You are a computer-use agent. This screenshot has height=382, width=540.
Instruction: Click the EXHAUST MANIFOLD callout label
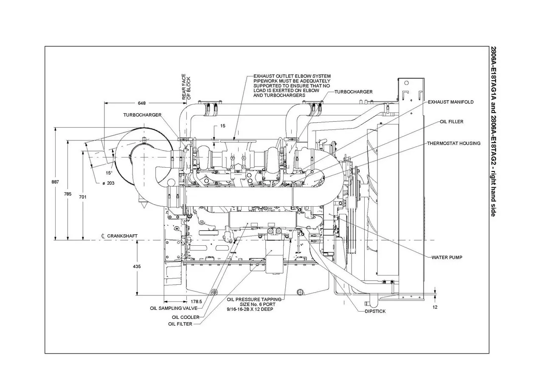click(450, 102)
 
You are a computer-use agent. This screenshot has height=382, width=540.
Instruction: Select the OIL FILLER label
click(451, 122)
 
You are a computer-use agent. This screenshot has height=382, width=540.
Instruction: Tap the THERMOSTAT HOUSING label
click(453, 143)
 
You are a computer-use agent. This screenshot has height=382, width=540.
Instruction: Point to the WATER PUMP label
click(447, 257)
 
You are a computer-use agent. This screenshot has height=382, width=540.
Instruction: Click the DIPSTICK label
click(375, 311)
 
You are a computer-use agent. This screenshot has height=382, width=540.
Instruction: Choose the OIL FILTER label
click(180, 324)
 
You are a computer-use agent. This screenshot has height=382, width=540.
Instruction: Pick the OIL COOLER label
click(186, 317)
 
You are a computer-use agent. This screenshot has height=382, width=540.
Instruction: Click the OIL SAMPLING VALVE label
click(173, 308)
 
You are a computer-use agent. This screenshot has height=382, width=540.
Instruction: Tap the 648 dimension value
click(142, 103)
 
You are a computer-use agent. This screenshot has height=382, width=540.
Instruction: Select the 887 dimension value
click(55, 182)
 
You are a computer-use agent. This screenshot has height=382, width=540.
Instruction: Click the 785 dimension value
click(67, 194)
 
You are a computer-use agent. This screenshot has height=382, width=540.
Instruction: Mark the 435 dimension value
click(137, 267)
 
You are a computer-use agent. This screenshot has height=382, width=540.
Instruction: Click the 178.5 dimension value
click(196, 301)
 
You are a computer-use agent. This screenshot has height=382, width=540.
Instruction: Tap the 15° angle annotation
click(109, 173)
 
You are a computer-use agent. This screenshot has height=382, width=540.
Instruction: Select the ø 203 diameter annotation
click(109, 183)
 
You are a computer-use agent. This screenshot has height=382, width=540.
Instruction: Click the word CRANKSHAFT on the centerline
click(122, 236)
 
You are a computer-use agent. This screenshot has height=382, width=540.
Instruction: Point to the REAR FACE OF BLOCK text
click(186, 87)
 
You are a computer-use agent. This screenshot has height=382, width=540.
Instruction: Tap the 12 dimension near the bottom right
click(435, 307)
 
